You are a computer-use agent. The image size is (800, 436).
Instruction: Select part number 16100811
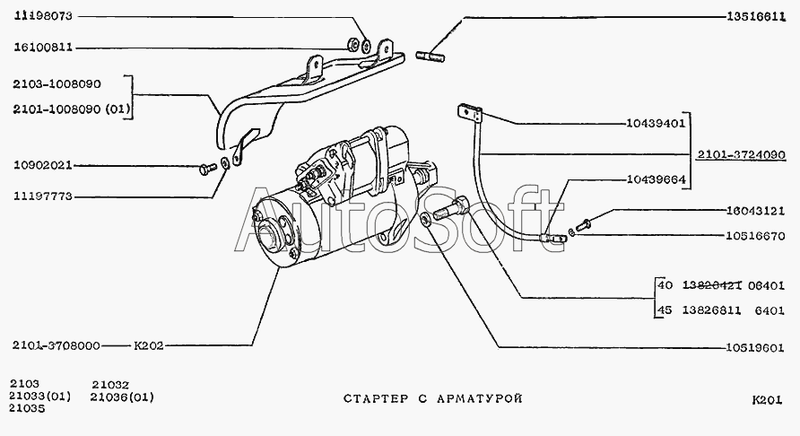click(x=44, y=47)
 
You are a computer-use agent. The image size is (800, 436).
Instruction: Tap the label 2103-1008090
click(x=57, y=83)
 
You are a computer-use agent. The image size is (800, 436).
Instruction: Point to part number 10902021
click(x=44, y=166)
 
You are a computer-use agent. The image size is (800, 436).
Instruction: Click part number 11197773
click(x=44, y=196)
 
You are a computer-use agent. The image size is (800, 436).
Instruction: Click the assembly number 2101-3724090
click(x=741, y=153)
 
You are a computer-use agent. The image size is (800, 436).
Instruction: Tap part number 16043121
click(x=756, y=212)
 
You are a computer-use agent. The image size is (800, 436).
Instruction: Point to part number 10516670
click(x=756, y=237)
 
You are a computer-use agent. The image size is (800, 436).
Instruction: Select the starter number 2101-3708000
click(x=57, y=344)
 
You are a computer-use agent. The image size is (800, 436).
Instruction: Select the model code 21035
click(x=27, y=408)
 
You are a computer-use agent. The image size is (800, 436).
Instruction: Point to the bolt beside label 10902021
click(x=205, y=167)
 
